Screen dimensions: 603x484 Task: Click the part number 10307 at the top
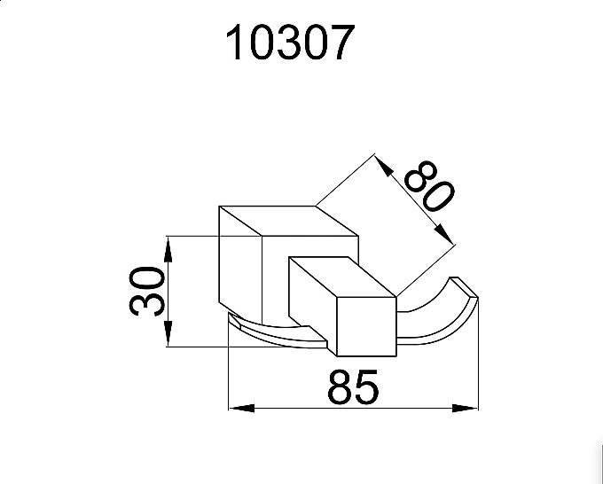[290, 42]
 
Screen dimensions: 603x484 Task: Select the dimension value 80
[429, 186]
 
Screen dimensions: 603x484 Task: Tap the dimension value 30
[146, 292]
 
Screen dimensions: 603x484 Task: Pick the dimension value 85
[353, 387]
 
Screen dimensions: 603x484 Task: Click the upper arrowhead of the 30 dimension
[168, 250]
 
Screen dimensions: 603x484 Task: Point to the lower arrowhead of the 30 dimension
[168, 334]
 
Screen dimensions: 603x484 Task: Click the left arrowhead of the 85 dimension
[241, 408]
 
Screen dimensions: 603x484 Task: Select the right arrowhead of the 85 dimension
[465, 408]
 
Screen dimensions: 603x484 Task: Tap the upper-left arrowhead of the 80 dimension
[384, 165]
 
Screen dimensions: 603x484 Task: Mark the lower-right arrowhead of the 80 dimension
[445, 234]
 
